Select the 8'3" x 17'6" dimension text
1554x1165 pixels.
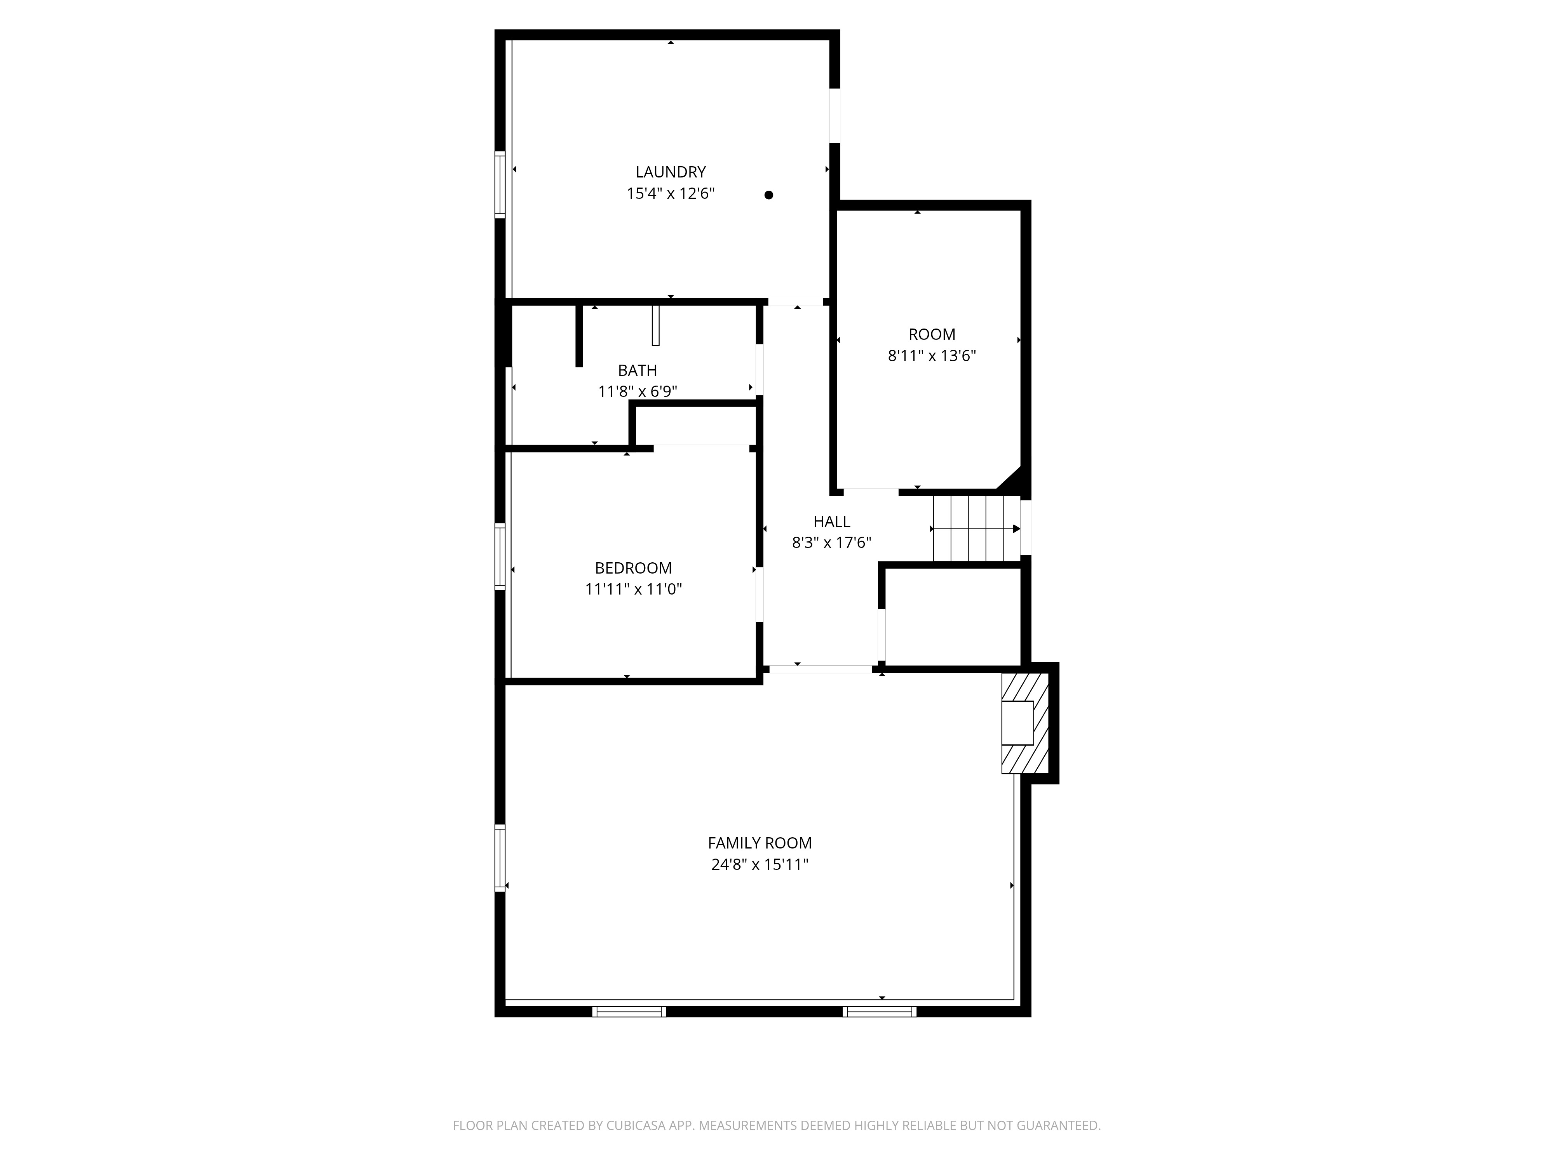pos(832,543)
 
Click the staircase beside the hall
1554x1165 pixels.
pos(977,529)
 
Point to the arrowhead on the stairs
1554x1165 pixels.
pos(1017,529)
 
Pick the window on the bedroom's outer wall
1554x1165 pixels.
pos(500,556)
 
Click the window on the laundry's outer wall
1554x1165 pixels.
pos(500,184)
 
